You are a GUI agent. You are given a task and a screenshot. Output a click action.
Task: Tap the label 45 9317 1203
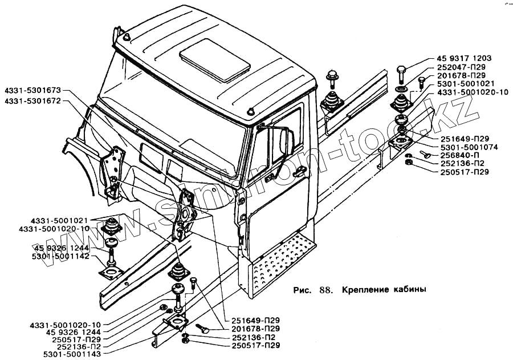[464, 59]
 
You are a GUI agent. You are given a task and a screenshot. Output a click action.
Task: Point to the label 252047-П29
[462, 67]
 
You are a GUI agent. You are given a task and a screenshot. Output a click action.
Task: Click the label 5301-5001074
[467, 147]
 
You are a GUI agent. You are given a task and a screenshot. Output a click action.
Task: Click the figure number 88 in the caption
[326, 289]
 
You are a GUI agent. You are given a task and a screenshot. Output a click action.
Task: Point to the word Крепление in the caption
[365, 289]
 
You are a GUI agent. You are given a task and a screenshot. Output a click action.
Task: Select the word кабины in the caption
[410, 289]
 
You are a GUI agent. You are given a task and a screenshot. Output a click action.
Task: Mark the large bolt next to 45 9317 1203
[401, 73]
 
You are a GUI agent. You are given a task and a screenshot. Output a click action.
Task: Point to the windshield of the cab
[171, 123]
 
